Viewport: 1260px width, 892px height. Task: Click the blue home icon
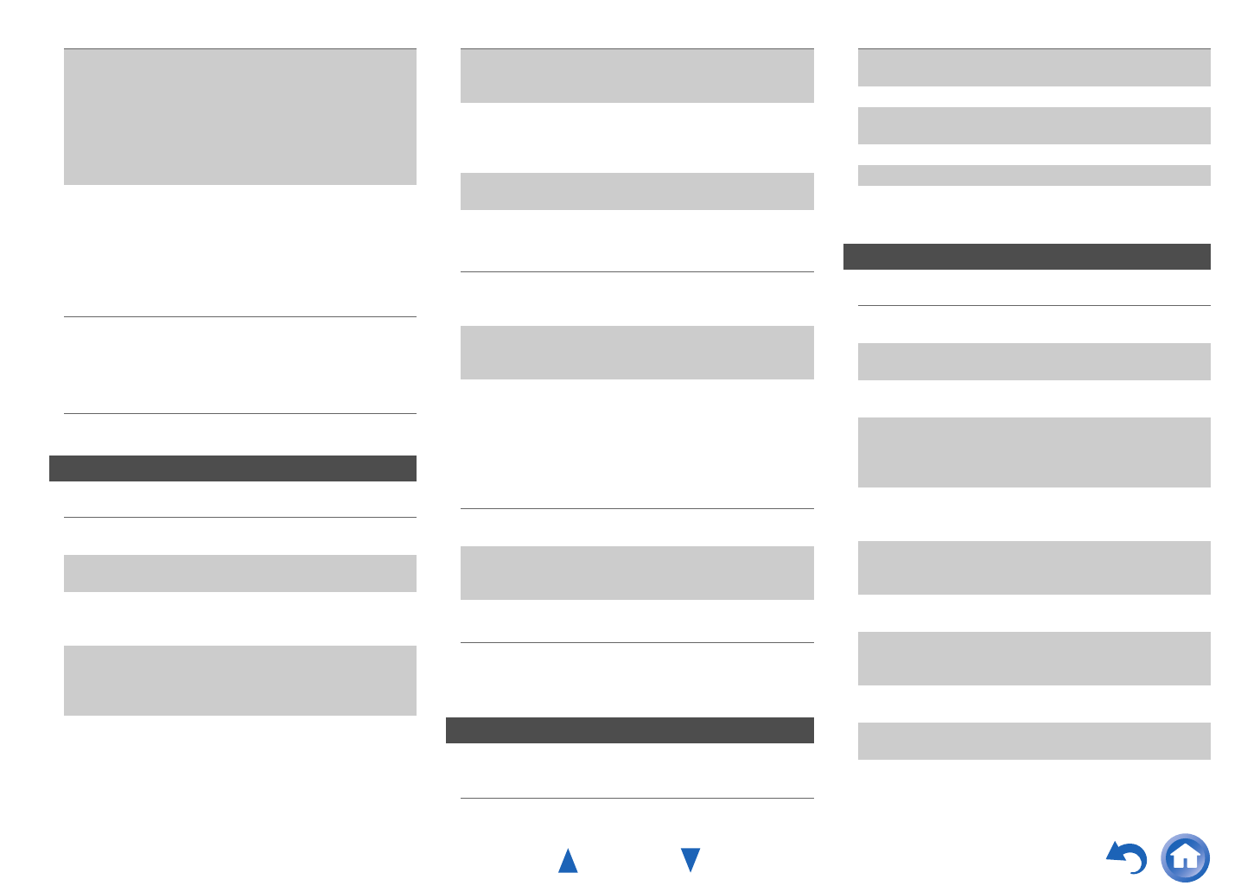coord(1185,857)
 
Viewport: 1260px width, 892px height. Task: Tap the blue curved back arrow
coord(1127,857)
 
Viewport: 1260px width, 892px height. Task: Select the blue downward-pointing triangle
coord(690,860)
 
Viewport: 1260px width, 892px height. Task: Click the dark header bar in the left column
coord(232,468)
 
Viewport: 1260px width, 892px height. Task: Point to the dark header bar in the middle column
coord(629,730)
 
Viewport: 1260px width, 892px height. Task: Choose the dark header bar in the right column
coord(1027,257)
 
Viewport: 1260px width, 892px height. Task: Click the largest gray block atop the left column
coord(239,117)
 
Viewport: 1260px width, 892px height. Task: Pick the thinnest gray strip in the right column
coord(1034,175)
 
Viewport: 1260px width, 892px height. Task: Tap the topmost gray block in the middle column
coord(637,76)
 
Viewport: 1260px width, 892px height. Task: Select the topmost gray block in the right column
coord(1034,67)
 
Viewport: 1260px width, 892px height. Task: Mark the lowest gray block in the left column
coord(239,680)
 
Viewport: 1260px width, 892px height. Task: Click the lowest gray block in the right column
coord(1034,741)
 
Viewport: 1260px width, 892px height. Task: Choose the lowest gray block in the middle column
coord(637,572)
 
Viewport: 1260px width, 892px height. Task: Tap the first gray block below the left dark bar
coord(239,573)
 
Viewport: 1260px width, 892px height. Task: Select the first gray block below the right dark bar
coord(1034,361)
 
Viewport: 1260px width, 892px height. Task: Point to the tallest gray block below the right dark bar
coord(1034,452)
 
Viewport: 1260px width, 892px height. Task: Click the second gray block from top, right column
coord(1034,125)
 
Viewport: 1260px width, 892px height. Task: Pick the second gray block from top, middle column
coord(637,191)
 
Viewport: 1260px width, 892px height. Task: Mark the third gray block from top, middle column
coord(637,352)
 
